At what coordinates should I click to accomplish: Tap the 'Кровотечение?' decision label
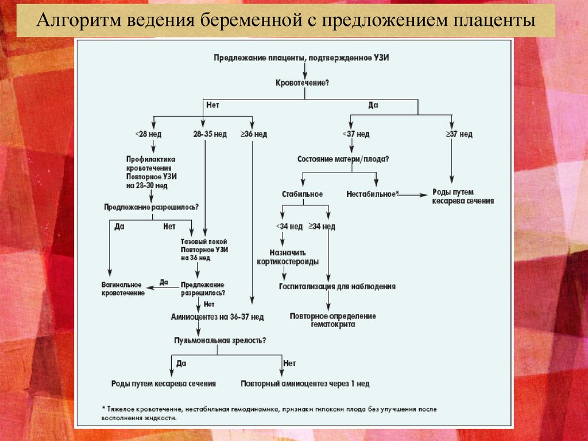303,83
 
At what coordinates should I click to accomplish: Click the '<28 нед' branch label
148,135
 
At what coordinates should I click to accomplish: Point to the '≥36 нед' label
253,135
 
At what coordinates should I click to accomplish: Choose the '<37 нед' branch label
356,135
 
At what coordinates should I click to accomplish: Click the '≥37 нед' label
459,135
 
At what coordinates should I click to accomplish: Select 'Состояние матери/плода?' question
343,159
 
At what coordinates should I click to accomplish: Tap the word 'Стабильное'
303,194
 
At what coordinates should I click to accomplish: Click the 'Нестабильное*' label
372,194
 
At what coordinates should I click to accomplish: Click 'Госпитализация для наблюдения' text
337,286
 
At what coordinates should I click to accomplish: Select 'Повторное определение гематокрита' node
333,320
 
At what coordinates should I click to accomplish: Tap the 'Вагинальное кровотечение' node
123,289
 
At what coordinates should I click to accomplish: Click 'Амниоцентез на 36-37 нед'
217,317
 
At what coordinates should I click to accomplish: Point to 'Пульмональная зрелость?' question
220,340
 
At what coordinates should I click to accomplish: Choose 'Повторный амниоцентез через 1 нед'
305,384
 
